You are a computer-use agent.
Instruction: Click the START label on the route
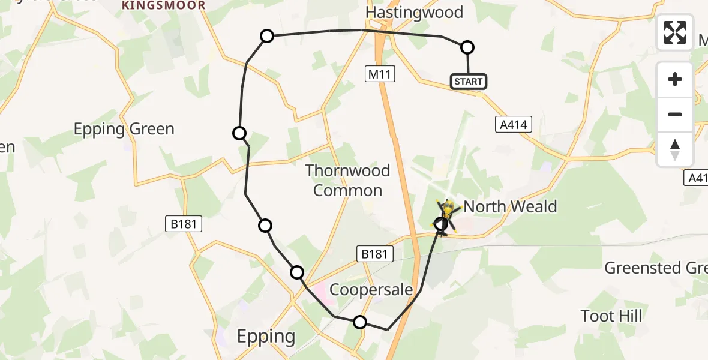[469, 81]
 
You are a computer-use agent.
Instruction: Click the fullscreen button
[675, 32]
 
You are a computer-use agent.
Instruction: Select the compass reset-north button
[675, 149]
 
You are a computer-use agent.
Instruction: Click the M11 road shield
[379, 75]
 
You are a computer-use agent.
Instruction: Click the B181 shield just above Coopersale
[375, 254]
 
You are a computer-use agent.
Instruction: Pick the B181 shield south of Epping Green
[184, 224]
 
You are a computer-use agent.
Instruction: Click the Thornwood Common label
[347, 181]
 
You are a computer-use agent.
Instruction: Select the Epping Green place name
[124, 129]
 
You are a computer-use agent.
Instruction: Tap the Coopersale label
[371, 290]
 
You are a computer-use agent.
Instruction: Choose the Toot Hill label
[611, 316]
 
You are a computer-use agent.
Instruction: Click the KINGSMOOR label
[163, 5]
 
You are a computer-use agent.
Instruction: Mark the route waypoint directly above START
[467, 47]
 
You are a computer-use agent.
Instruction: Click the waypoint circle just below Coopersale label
[359, 322]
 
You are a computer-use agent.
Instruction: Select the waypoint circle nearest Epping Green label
[239, 133]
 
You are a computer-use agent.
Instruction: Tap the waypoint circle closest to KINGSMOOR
[267, 37]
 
